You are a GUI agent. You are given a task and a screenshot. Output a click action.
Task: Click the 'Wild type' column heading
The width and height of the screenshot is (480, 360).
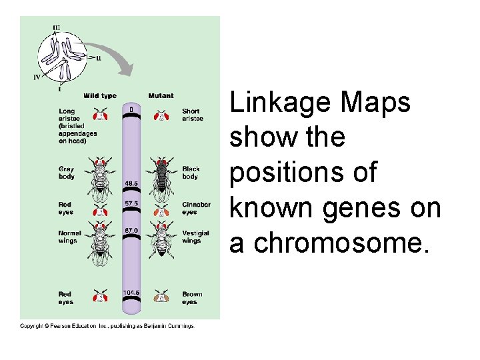(100, 96)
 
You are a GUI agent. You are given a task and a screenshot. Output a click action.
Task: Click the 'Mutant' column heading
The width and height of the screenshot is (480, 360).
(161, 96)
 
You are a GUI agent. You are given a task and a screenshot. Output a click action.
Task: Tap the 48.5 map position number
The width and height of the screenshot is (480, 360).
(131, 183)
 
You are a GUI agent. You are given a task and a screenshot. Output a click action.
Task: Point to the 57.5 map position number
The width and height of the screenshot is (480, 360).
(131, 202)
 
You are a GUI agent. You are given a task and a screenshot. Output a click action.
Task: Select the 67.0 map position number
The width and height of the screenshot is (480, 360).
(131, 231)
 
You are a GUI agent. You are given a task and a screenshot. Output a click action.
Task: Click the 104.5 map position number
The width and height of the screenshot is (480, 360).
(131, 293)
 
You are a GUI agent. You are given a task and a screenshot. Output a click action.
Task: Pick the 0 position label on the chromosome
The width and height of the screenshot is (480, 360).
(131, 109)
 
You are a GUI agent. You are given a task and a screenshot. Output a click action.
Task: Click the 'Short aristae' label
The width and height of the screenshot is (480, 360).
(191, 115)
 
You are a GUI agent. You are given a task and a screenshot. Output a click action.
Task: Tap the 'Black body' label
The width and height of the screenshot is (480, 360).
(191, 173)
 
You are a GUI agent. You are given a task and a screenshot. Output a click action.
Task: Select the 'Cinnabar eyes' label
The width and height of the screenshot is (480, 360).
(196, 208)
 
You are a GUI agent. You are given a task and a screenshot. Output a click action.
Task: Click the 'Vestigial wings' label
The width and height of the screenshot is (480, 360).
(195, 237)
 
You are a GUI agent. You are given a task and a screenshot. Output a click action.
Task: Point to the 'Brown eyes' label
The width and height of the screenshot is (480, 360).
(192, 298)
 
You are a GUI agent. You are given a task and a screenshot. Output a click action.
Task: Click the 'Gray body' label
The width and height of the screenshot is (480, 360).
(67, 173)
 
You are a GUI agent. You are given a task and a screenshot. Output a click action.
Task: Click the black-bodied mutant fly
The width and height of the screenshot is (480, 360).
(161, 179)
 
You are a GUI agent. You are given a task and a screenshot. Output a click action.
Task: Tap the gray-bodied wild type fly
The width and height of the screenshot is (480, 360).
(101, 179)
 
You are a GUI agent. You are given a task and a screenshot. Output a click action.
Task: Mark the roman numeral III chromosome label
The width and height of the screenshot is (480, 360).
(57, 27)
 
